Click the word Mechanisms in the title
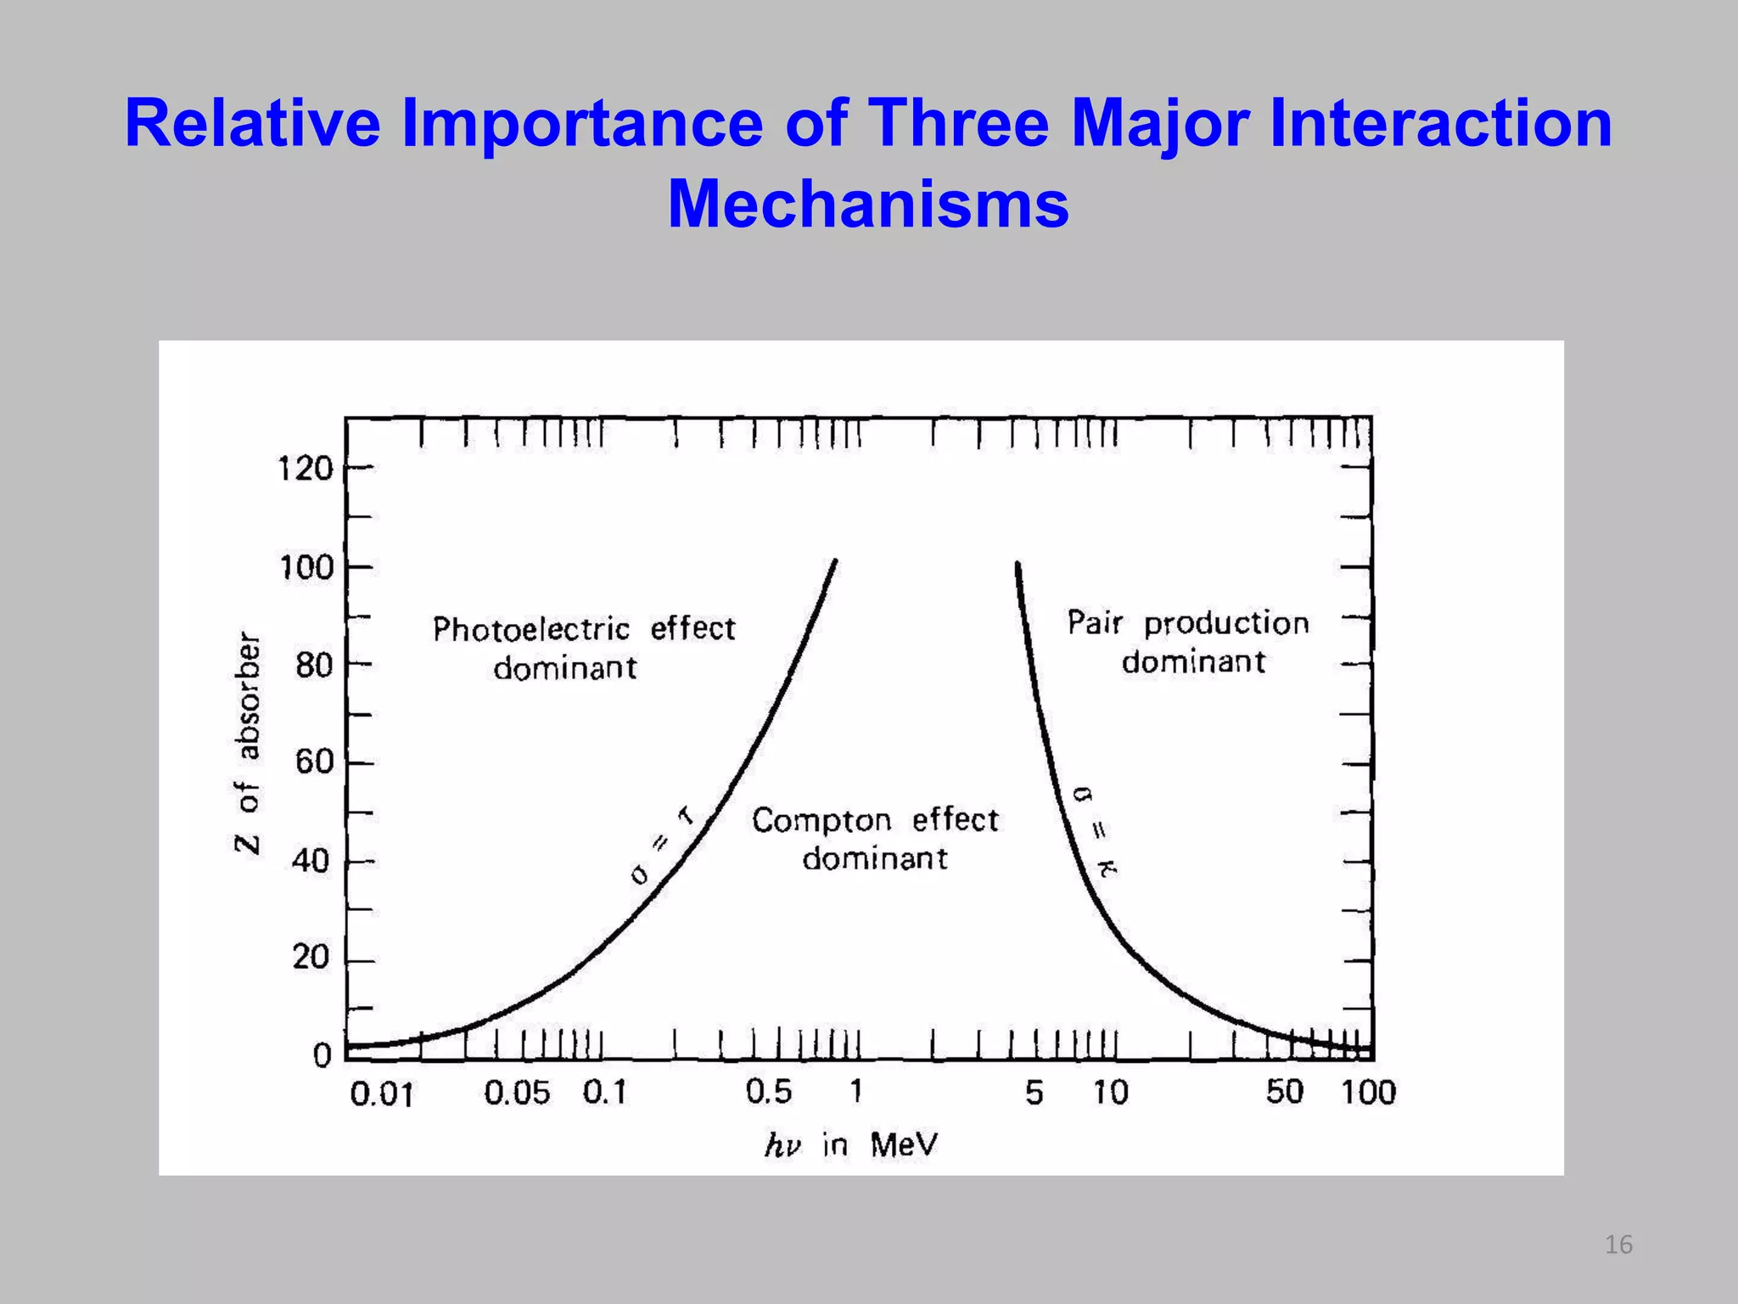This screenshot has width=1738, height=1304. pos(867,205)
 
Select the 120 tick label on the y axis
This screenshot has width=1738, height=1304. pos(306,469)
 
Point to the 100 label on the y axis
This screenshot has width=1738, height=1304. pos(306,567)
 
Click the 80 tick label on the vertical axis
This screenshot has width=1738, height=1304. pos(313,666)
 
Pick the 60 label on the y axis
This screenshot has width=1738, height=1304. pos(313,762)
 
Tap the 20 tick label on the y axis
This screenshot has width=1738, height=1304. pos(311,958)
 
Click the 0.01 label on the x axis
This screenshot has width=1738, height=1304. pos(381,1095)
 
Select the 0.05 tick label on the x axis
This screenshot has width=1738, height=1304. pos(517,1093)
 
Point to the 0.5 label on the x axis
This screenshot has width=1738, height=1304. pos(768,1093)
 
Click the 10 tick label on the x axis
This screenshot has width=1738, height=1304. pos(1110,1093)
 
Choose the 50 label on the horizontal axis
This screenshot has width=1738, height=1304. pos(1284,1093)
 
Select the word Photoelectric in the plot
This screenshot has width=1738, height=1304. pos(531,630)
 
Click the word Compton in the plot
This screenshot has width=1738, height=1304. pos(821,821)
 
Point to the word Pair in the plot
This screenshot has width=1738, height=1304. pos(1094,623)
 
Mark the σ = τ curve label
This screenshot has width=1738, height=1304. pos(663,845)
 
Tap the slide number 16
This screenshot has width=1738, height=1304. pos(1618,1245)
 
